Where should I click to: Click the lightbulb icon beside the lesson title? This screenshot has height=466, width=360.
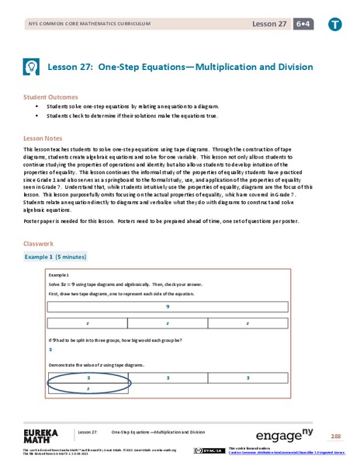pyautogui.click(x=35, y=68)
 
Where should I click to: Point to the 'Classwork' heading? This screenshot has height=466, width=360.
pyautogui.click(x=39, y=243)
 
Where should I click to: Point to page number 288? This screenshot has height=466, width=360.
pyautogui.click(x=336, y=435)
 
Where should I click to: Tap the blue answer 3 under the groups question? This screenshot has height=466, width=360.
pyautogui.click(x=51, y=350)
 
